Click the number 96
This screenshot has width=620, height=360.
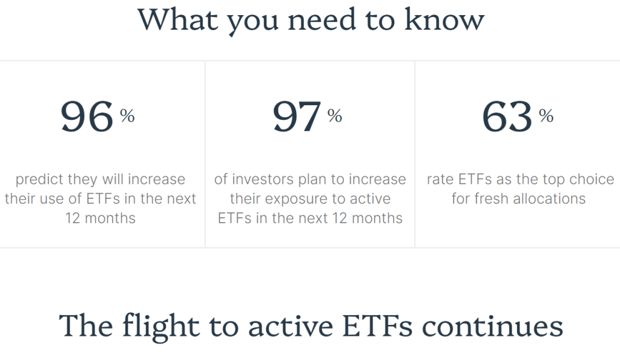[87, 117]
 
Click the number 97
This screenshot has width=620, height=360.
[296, 117]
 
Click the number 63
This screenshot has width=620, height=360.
[507, 117]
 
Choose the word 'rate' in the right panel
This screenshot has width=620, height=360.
[440, 180]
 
